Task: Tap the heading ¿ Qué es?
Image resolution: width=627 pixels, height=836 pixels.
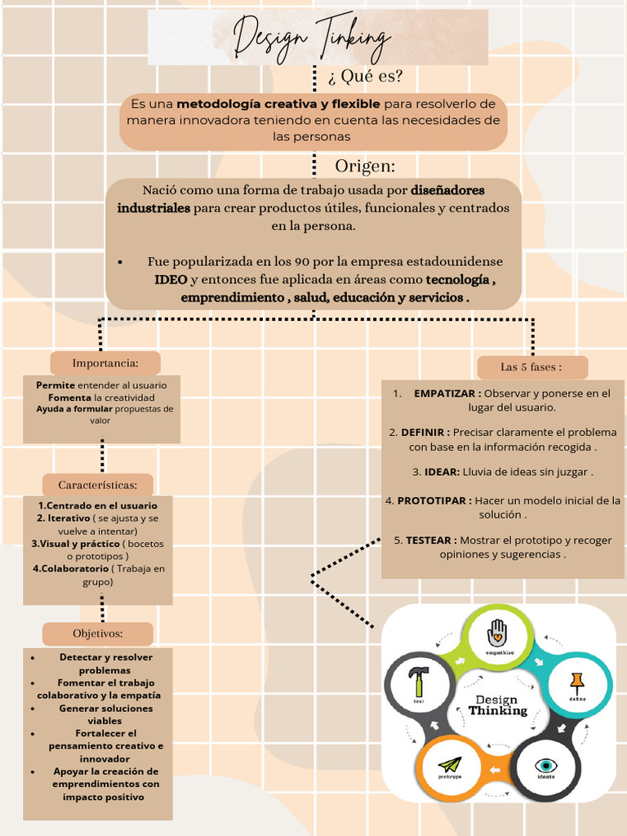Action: click(365, 77)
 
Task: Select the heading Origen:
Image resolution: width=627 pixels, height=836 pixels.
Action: click(365, 166)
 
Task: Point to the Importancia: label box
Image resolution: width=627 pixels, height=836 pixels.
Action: click(105, 362)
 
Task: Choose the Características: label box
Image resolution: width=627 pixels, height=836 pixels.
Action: click(97, 485)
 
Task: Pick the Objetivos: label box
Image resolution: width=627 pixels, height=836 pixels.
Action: click(97, 634)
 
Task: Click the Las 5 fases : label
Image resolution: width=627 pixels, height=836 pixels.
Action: click(531, 367)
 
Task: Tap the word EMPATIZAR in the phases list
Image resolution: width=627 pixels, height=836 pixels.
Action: click(445, 394)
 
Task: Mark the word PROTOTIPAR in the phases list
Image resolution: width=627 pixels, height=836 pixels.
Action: click(434, 500)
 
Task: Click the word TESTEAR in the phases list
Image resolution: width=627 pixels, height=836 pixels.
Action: click(430, 540)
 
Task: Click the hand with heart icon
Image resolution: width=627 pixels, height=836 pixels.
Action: click(496, 632)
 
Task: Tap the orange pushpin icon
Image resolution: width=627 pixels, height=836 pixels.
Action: click(577, 682)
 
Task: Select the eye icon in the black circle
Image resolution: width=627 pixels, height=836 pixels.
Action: click(545, 765)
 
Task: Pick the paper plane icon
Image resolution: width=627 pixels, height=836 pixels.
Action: click(449, 765)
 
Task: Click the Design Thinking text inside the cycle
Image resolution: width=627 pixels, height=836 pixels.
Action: click(497, 705)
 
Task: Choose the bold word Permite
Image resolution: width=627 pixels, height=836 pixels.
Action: click(56, 385)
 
